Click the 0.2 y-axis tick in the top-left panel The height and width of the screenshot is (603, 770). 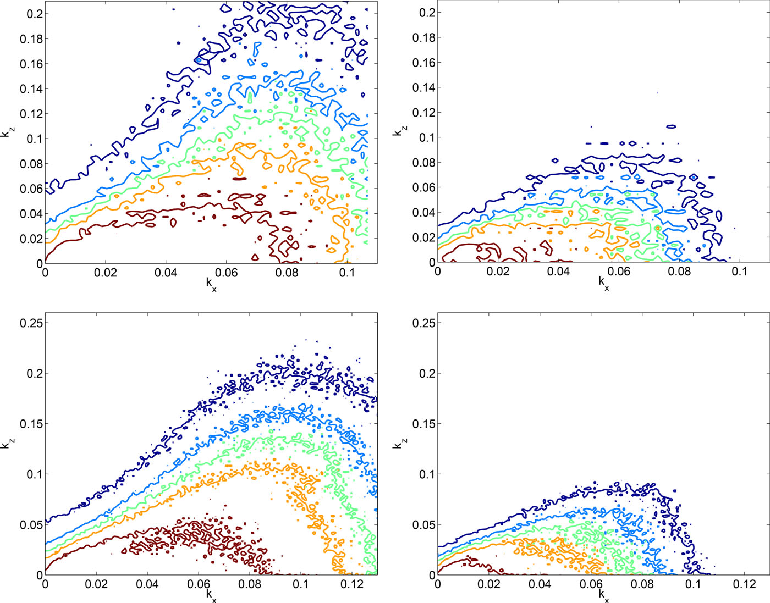34,14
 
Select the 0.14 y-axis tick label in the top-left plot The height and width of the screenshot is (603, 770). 31,88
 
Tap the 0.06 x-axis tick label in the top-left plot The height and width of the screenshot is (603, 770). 226,273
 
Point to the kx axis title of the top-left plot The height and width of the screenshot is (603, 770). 211,284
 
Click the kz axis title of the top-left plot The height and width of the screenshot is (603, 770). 7,132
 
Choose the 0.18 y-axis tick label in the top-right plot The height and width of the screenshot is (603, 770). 424,37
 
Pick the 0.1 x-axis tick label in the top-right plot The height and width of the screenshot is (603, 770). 740,272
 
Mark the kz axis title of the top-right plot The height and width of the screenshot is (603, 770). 400,131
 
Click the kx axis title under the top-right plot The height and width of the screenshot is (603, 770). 604,283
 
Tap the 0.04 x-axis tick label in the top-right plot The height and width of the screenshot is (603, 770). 558,272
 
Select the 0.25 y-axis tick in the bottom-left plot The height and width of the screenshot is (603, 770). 31,323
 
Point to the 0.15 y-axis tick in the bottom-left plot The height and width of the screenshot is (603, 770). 31,424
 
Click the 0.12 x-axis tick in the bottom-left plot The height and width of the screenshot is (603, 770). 352,584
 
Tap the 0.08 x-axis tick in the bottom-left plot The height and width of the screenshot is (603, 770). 250,584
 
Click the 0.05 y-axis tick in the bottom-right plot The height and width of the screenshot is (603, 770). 424,524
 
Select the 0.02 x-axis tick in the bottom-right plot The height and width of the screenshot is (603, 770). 488,584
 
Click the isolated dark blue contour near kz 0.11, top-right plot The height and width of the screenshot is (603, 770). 671,126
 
